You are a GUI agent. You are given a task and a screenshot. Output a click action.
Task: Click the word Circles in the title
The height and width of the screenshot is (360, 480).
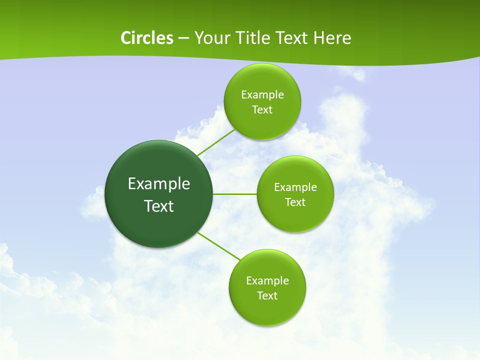(146, 38)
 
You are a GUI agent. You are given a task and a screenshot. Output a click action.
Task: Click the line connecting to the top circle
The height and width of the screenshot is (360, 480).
(216, 142)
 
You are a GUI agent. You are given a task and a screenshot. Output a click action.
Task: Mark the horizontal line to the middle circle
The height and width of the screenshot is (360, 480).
(235, 194)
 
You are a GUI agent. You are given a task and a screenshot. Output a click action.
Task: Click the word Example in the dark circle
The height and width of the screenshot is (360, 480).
(159, 184)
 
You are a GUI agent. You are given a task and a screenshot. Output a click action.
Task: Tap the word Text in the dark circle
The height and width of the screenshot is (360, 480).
(159, 206)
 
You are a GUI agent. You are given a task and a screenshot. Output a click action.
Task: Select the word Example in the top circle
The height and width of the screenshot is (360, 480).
(262, 95)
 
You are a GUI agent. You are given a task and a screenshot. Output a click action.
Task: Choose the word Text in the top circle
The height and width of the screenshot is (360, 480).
(262, 110)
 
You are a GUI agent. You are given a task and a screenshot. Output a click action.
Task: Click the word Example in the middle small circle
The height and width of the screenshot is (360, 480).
(295, 187)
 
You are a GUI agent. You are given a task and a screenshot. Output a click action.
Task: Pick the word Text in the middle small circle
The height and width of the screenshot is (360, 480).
(295, 202)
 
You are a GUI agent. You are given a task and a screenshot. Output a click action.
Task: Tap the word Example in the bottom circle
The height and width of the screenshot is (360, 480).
(267, 281)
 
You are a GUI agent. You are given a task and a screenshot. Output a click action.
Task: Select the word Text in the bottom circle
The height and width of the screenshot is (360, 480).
(267, 296)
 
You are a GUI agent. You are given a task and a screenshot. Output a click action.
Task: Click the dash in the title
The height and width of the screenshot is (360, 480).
(183, 38)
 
